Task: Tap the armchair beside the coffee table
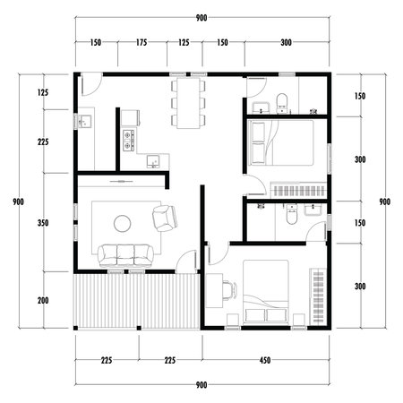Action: pyautogui.click(x=165, y=217)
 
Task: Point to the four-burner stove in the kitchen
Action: pyautogui.click(x=128, y=139)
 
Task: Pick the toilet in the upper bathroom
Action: pyautogui.click(x=281, y=100)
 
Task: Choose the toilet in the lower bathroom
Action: pyautogui.click(x=288, y=216)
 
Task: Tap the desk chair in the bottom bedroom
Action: pyautogui.click(x=226, y=288)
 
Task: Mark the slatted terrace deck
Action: pyautogui.click(x=136, y=300)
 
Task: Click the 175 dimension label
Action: pyautogui.click(x=141, y=43)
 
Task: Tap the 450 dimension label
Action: pyautogui.click(x=267, y=361)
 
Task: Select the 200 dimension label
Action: pyautogui.click(x=43, y=301)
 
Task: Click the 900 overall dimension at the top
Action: pyautogui.click(x=201, y=18)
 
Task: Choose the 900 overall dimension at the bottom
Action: pyautogui.click(x=201, y=384)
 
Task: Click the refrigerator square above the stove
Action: pyautogui.click(x=128, y=117)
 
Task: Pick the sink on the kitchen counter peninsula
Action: pyautogui.click(x=154, y=161)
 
